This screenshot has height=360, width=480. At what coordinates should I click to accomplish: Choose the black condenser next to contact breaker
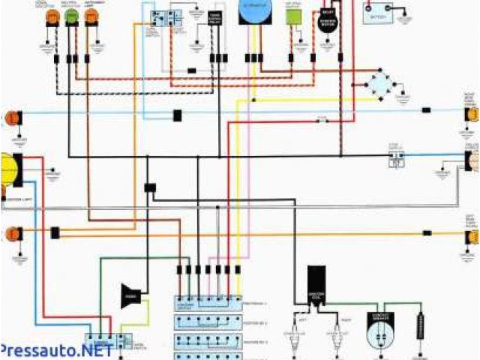tap(421, 327)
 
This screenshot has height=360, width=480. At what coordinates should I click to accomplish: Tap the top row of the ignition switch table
tap(209, 301)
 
